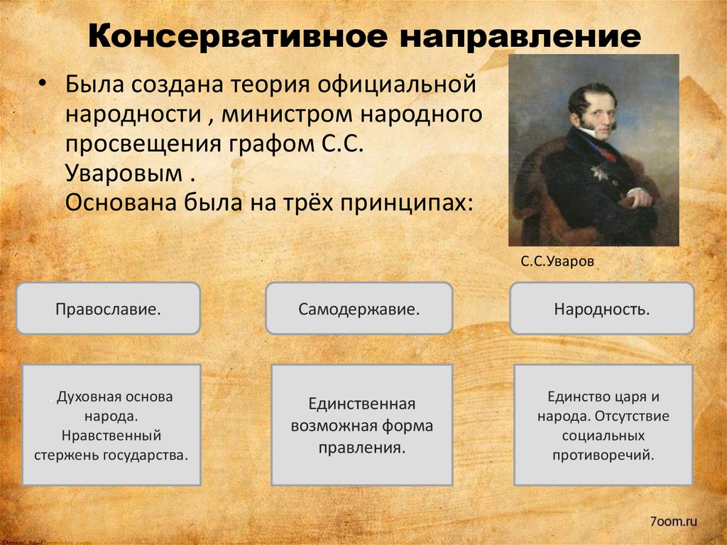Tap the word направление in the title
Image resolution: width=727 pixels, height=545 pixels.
click(519, 36)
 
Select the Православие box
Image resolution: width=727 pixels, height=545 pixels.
click(108, 309)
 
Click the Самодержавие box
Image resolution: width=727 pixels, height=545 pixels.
click(359, 309)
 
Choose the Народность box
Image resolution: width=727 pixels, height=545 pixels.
click(601, 309)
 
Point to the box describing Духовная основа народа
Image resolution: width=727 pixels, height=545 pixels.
click(111, 425)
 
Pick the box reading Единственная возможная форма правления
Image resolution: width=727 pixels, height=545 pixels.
click(361, 426)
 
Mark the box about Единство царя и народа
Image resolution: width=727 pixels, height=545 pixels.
click(603, 425)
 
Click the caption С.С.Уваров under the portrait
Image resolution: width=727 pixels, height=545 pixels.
click(557, 261)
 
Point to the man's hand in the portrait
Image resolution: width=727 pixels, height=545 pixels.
click(638, 197)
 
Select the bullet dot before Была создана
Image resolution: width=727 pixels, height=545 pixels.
click(43, 84)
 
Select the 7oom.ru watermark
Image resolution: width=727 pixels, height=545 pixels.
click(673, 522)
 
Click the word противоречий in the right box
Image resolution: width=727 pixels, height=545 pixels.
click(603, 453)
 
